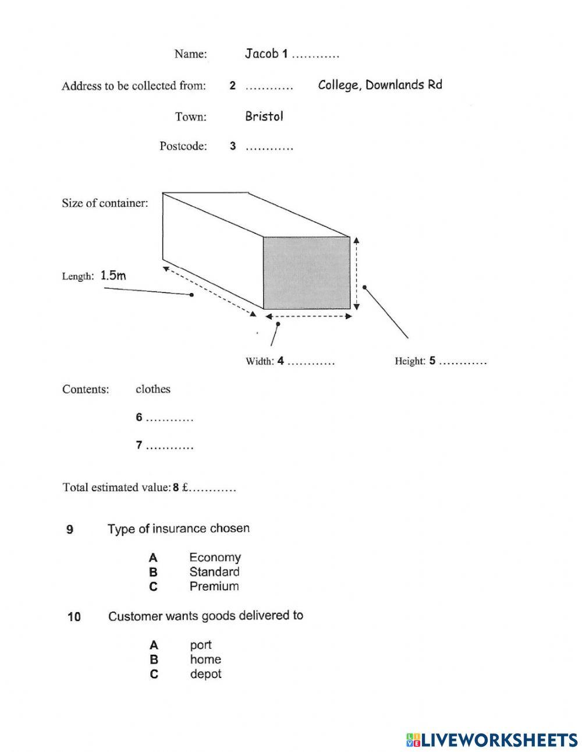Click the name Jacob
261,54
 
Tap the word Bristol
264,116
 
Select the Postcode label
183,146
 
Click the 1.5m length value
113,276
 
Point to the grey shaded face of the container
307,273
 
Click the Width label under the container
259,362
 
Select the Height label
410,361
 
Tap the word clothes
153,389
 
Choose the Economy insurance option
215,557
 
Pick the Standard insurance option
214,572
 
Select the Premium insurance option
214,587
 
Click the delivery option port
201,645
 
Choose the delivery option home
205,659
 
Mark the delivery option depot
205,674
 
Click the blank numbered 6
169,418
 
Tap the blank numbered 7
169,447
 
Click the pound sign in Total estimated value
185,488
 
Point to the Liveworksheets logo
492,740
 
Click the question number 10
74,616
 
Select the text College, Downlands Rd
380,85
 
